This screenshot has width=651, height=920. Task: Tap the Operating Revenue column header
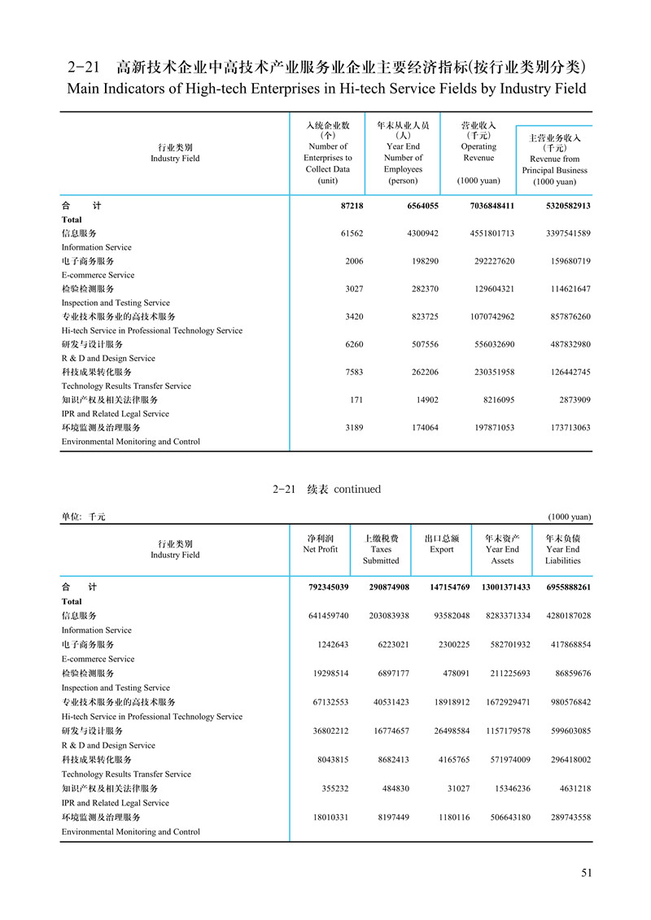[x=478, y=152]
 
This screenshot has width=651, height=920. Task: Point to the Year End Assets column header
[x=503, y=549]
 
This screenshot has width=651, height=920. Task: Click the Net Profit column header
[x=320, y=543]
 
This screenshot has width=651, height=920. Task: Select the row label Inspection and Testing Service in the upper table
[x=116, y=303]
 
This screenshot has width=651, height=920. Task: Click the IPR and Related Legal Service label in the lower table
[x=116, y=803]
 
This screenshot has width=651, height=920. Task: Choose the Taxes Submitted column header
[x=381, y=549]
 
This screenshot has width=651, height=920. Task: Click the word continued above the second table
[x=357, y=490]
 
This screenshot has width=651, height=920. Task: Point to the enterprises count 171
[x=356, y=399]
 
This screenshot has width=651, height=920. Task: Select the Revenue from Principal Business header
[x=554, y=159]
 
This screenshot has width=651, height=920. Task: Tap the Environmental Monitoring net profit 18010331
[x=321, y=817]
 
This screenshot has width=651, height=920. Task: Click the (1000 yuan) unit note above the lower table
[x=570, y=517]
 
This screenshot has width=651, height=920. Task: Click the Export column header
[x=442, y=543]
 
